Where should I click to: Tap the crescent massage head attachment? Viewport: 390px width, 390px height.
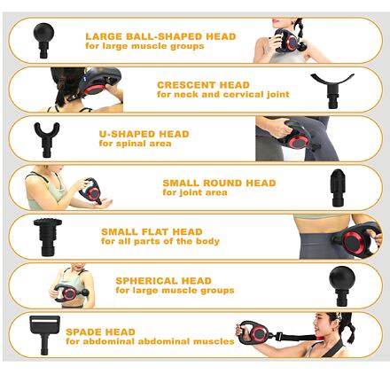[x=332, y=89]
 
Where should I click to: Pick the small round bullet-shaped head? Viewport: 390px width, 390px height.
[x=338, y=187]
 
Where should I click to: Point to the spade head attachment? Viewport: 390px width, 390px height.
[x=44, y=334]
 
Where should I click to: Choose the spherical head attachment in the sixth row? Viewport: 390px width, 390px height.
[x=342, y=285]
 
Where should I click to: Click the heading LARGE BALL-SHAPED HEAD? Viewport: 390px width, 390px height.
[x=160, y=36]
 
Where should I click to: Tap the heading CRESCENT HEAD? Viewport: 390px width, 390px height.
[x=203, y=85]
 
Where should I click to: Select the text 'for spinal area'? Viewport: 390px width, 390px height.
[x=135, y=144]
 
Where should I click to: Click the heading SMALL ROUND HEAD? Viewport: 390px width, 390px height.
[x=219, y=183]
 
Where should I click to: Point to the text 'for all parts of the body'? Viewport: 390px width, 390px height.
[x=160, y=241]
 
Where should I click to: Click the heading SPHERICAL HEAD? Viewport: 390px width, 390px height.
[x=164, y=281]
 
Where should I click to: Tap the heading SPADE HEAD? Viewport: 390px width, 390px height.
[x=100, y=331]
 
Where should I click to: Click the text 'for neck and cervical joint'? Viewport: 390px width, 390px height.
[x=223, y=95]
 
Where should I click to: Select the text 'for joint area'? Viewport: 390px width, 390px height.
[x=195, y=192]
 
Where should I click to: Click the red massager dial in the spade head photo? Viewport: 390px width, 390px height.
[x=259, y=334]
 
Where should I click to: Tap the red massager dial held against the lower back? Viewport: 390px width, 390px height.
[x=352, y=242]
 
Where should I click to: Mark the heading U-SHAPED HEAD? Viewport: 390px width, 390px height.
[x=144, y=134]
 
